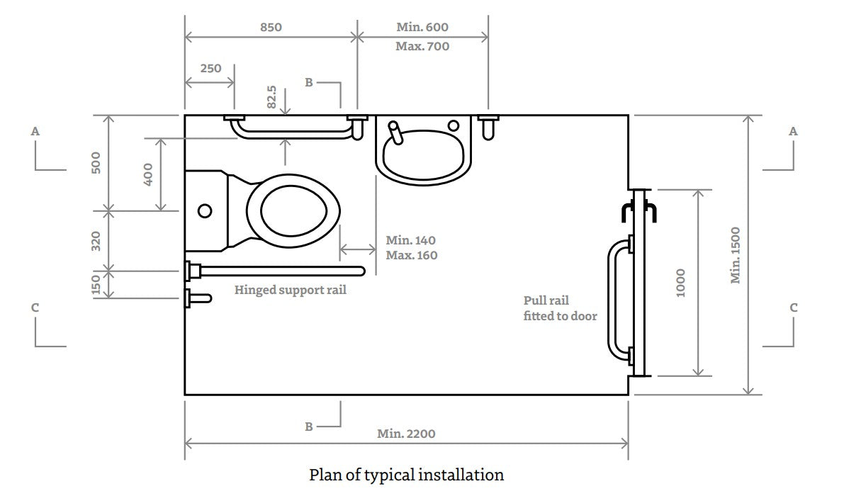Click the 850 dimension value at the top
pos(271,28)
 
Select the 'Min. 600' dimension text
pos(422,28)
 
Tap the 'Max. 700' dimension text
pos(422,47)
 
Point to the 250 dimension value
pos(210,69)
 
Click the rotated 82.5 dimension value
pos(271,98)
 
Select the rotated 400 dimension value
pos(148,174)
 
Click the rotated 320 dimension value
pos(96,241)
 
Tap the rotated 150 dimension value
pos(96,285)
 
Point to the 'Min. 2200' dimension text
pos(406,434)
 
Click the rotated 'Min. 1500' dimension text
pos(736,255)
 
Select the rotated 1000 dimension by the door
pos(681,282)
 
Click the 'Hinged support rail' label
pos(291,290)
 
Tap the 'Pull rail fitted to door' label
pos(560,308)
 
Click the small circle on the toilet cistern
pos(206,211)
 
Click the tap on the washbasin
pos(395,130)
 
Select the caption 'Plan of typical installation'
pos(406,475)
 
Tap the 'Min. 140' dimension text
pos(411,241)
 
